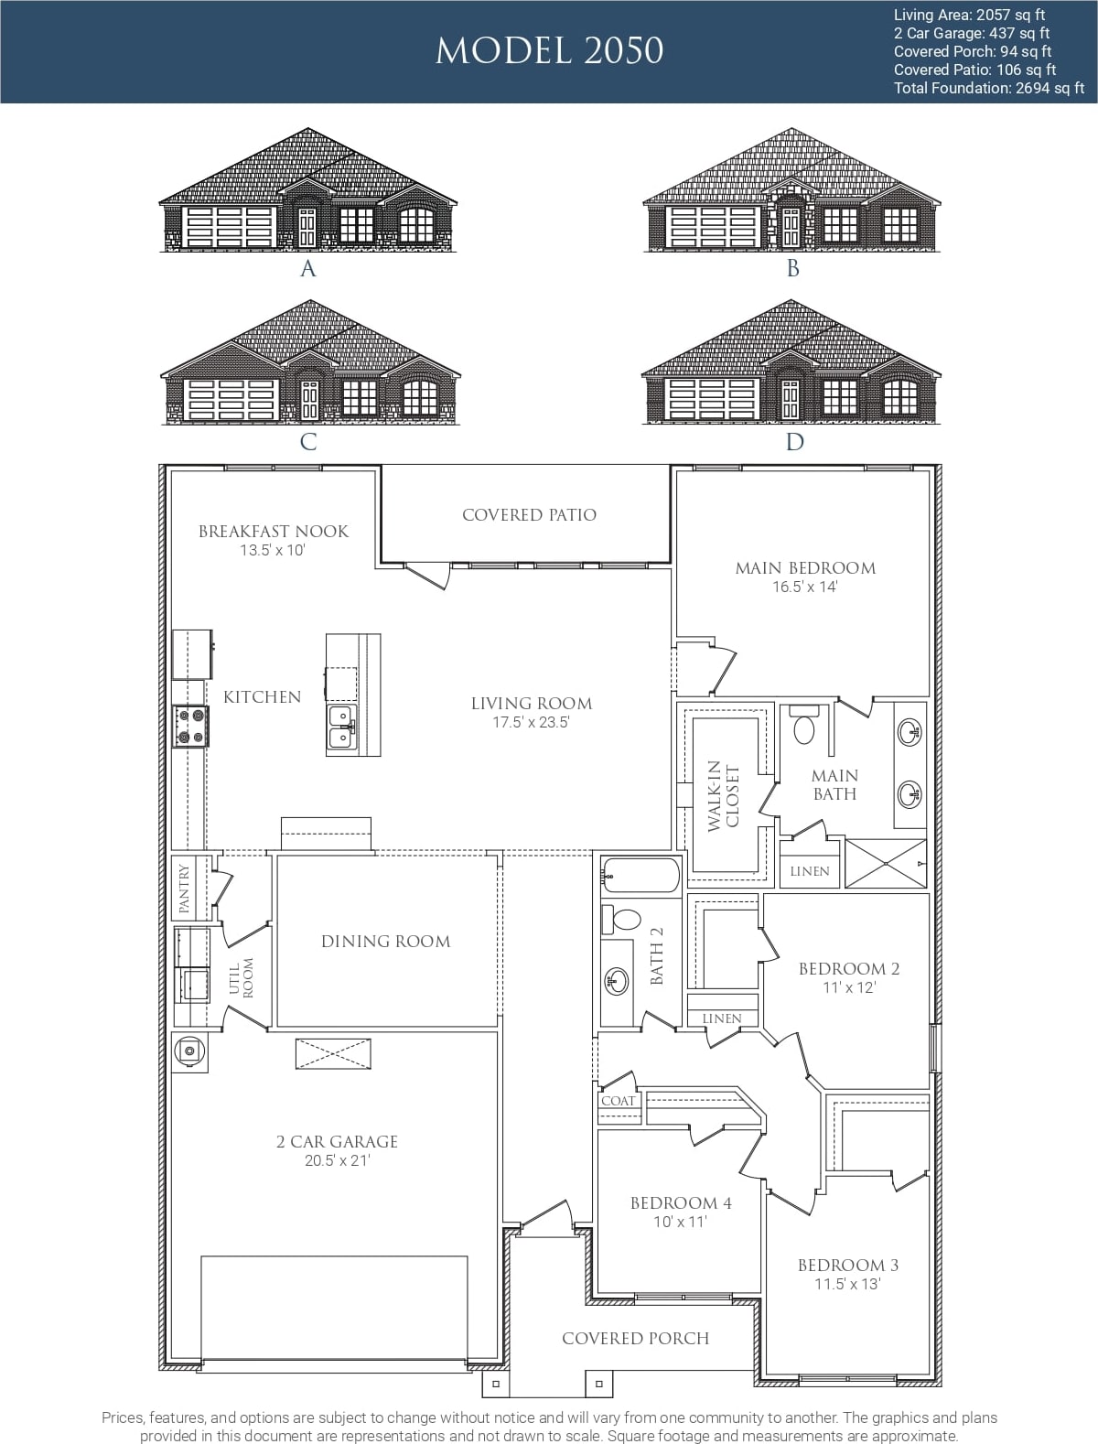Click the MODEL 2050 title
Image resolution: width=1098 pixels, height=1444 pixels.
pyautogui.click(x=549, y=50)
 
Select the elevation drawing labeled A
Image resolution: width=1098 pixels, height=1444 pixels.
pyautogui.click(x=307, y=189)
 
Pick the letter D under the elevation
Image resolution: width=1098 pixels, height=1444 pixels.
pyautogui.click(x=794, y=441)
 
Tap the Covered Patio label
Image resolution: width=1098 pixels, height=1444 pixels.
pyautogui.click(x=529, y=514)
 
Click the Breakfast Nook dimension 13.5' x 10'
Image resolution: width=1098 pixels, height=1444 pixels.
pyautogui.click(x=272, y=550)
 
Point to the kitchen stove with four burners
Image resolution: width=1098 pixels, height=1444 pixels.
pyautogui.click(x=190, y=727)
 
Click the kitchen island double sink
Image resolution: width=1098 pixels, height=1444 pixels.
pyautogui.click(x=342, y=727)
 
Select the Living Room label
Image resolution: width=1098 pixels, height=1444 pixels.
pyautogui.click(x=532, y=704)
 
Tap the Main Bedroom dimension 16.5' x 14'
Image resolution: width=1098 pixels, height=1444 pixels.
pyautogui.click(x=805, y=587)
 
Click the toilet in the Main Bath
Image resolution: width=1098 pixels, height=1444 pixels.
pyautogui.click(x=803, y=725)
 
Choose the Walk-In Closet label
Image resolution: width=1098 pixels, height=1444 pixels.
pyautogui.click(x=723, y=796)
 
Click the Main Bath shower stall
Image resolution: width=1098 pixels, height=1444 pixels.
pyautogui.click(x=885, y=863)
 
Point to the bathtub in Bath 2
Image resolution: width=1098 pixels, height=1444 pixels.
pyautogui.click(x=641, y=875)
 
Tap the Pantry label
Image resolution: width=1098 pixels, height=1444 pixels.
pyautogui.click(x=184, y=889)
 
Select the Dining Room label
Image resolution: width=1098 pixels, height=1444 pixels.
pyautogui.click(x=386, y=942)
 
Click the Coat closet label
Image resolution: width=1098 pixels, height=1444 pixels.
pyautogui.click(x=618, y=1101)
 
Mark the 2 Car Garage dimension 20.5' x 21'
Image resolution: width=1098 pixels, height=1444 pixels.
pyautogui.click(x=338, y=1160)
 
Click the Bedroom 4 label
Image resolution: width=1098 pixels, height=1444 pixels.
pyautogui.click(x=681, y=1203)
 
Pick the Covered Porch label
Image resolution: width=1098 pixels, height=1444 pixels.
pyautogui.click(x=636, y=1338)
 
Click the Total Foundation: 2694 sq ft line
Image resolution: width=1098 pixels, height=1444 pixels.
pyautogui.click(x=989, y=88)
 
